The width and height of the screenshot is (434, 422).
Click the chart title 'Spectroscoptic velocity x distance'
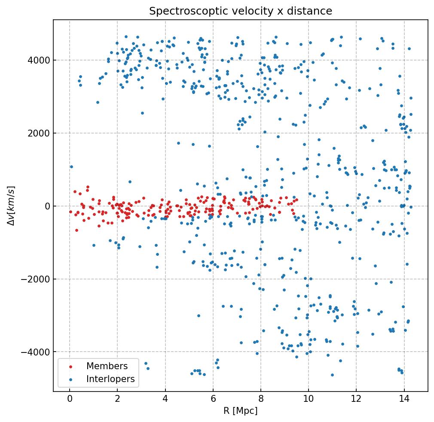coord(241,11)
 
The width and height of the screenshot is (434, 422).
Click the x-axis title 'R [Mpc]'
coord(241,411)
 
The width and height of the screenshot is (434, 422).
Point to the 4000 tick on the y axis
coord(38,60)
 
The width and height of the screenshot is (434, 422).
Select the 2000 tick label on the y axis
coord(38,133)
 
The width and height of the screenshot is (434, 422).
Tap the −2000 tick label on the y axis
coord(36,279)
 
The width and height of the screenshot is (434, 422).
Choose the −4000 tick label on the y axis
coord(36,352)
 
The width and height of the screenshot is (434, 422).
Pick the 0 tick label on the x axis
coord(70,400)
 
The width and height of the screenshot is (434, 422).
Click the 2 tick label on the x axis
coord(117,400)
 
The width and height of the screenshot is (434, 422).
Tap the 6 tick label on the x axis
coord(213,400)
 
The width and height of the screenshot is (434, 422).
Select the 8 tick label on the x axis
coord(261,400)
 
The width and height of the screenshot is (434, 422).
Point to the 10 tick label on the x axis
coord(309,400)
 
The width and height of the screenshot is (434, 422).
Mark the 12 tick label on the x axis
coord(356,400)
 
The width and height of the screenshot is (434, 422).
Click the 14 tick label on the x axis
coord(404,400)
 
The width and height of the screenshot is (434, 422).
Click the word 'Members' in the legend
coord(107,366)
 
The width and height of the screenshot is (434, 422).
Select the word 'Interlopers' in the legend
coord(110,379)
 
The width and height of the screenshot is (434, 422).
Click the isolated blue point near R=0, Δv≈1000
coord(71,167)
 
